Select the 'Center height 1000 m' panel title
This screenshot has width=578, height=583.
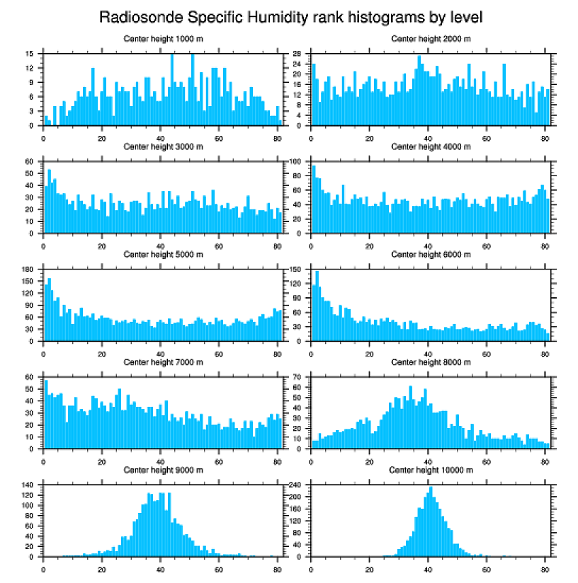click(x=163, y=38)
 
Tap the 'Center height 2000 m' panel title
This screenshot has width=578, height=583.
click(x=431, y=38)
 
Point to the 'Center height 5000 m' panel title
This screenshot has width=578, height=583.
click(x=163, y=254)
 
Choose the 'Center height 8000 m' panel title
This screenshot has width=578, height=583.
click(x=431, y=362)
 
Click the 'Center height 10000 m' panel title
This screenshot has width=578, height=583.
click(x=431, y=470)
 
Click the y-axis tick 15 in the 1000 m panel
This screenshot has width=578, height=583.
click(x=29, y=54)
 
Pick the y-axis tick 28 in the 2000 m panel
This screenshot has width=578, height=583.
click(x=298, y=54)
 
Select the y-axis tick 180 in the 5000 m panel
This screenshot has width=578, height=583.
click(x=28, y=270)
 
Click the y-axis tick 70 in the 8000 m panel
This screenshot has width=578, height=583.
click(x=298, y=377)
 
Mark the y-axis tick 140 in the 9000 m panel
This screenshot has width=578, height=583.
click(x=28, y=485)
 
